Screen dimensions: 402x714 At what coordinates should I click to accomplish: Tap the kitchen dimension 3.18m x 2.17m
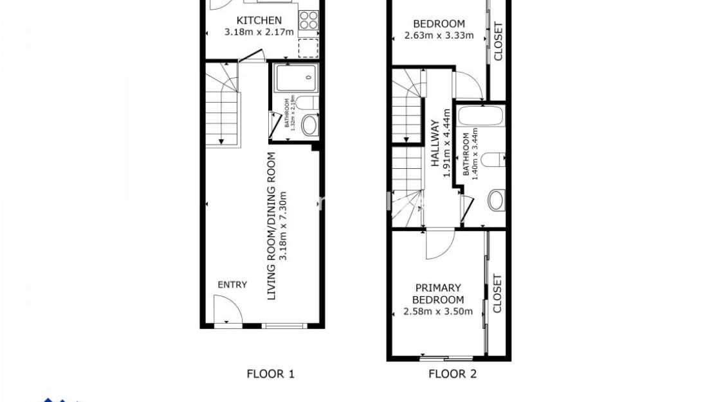(259, 31)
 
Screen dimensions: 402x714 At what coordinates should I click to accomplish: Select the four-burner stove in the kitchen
(308, 21)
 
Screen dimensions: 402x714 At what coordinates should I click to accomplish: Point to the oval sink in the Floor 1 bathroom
(309, 125)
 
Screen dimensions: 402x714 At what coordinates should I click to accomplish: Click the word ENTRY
(232, 284)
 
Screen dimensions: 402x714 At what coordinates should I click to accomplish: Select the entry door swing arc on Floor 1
(227, 309)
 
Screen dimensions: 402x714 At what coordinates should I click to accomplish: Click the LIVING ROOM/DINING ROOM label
(271, 226)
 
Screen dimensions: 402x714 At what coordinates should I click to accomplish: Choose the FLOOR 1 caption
(270, 374)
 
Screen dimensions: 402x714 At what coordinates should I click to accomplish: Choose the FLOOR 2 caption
(453, 374)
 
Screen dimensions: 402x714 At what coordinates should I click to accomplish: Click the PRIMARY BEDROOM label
(438, 294)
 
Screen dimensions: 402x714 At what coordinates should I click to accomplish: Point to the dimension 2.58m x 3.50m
(438, 312)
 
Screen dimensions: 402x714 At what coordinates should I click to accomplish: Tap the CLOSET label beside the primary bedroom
(497, 293)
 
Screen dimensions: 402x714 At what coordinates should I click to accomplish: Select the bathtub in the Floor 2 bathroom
(482, 118)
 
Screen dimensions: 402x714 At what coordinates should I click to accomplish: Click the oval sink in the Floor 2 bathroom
(496, 200)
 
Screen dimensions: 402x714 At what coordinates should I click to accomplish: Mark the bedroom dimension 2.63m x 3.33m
(439, 35)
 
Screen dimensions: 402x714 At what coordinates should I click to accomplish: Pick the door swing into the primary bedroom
(440, 244)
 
